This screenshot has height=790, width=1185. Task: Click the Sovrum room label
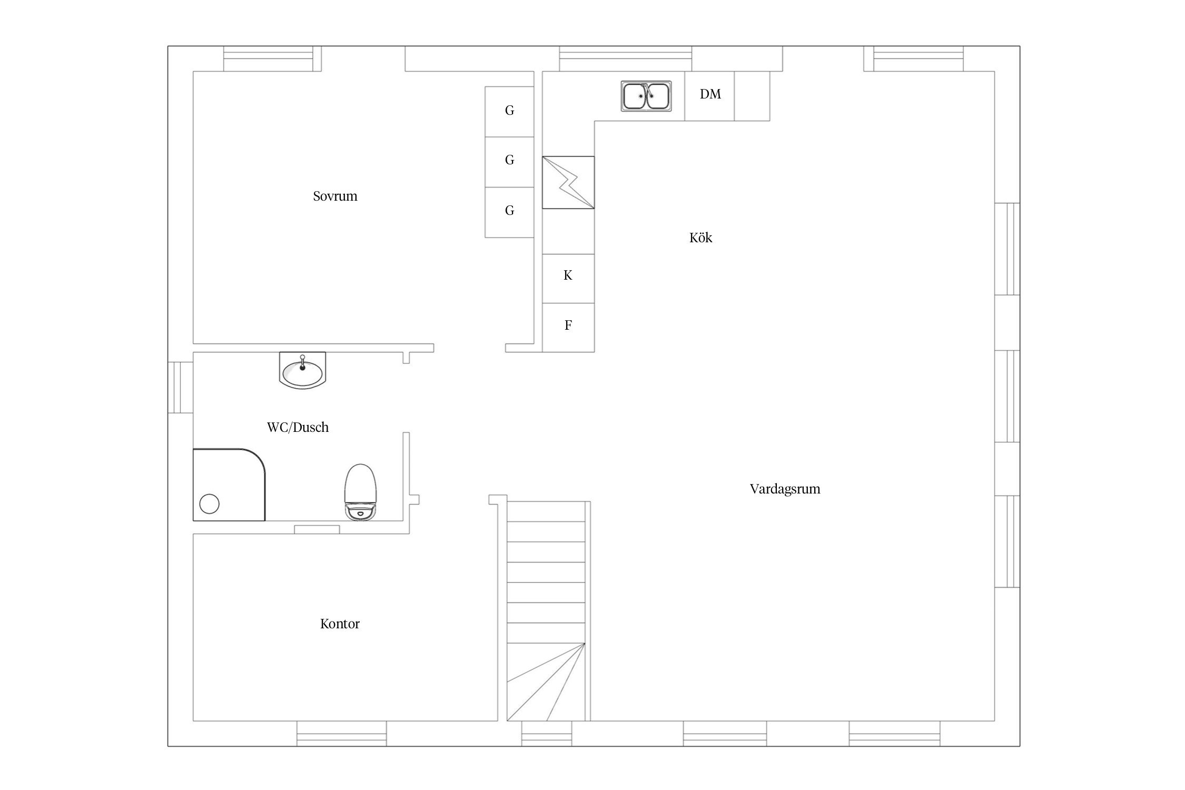click(335, 196)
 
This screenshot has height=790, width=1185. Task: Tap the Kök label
click(700, 238)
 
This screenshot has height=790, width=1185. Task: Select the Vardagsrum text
click(785, 489)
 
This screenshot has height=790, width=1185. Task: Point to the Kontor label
click(340, 624)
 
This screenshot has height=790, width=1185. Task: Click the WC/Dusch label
click(298, 427)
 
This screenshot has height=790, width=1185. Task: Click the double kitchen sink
click(646, 96)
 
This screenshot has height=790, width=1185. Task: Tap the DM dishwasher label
click(710, 94)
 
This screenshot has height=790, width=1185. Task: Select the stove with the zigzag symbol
click(568, 182)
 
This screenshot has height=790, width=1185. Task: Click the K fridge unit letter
click(568, 275)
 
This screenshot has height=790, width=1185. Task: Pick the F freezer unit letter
click(568, 325)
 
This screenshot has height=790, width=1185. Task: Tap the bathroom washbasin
click(302, 370)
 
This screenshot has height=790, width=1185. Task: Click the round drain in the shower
click(209, 503)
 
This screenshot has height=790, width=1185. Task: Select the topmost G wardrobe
click(509, 112)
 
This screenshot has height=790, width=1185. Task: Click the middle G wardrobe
click(509, 162)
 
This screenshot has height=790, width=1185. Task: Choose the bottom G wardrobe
click(509, 212)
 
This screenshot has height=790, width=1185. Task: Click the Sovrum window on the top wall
click(272, 58)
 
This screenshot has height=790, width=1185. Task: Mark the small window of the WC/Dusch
click(181, 387)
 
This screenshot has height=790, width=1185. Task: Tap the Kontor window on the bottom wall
click(341, 733)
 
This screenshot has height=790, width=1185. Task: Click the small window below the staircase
click(547, 733)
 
